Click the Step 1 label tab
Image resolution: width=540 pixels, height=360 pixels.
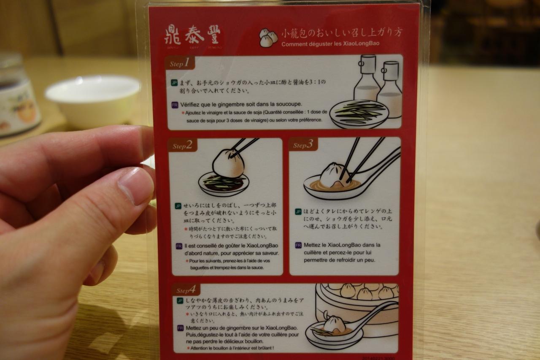[180, 63]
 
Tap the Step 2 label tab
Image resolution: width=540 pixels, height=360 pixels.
[183, 145]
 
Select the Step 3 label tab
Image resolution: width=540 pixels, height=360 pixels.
[303, 144]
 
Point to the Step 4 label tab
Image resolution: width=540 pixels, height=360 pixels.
[186, 290]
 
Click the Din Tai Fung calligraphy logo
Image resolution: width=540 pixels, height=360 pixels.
[193, 36]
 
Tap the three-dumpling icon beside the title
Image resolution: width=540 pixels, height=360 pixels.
[268, 38]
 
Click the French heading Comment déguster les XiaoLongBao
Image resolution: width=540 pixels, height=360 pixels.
[330, 43]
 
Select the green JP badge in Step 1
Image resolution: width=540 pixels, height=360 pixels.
[174, 83]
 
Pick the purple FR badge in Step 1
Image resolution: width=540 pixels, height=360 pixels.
[175, 105]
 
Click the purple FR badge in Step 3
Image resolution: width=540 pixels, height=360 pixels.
[298, 245]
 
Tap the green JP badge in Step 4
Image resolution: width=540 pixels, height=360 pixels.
[180, 300]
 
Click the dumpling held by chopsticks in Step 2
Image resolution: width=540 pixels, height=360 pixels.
[228, 163]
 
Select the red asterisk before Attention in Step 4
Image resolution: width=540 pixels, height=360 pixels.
[188, 348]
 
